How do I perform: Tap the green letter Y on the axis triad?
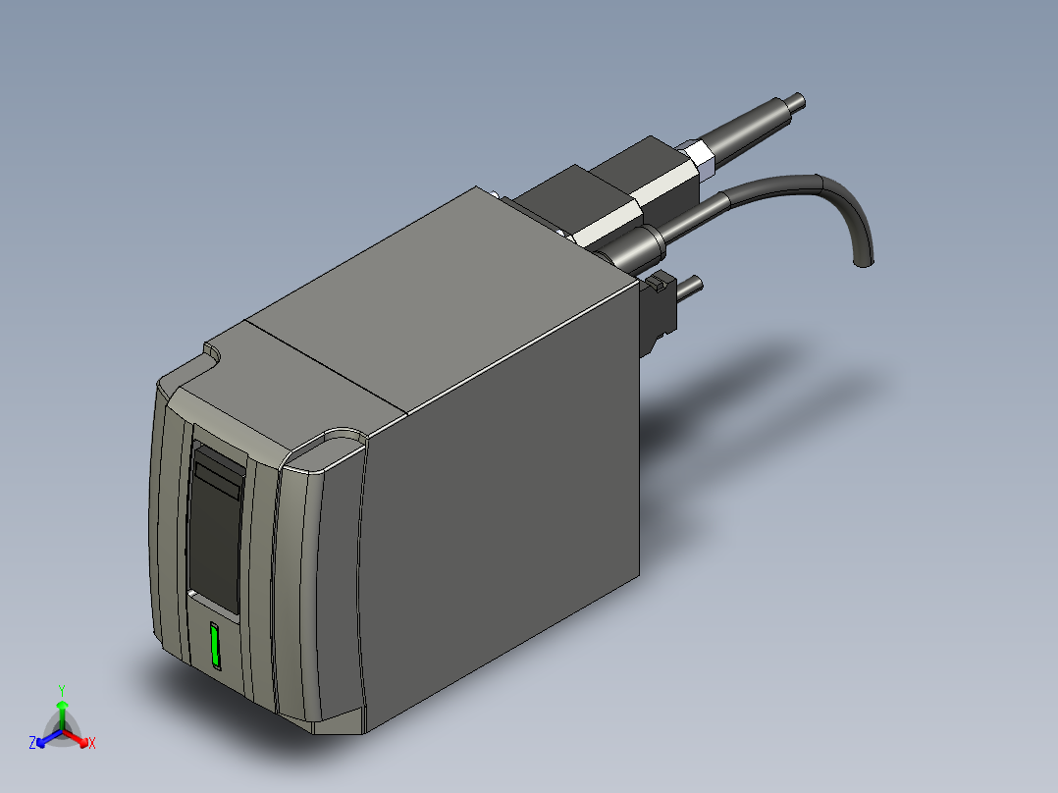pyautogui.click(x=62, y=690)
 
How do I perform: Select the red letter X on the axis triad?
pyautogui.click(x=91, y=744)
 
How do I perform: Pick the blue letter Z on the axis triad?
pyautogui.click(x=32, y=744)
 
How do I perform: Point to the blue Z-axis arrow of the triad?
pyautogui.click(x=47, y=737)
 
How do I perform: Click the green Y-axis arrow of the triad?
pyautogui.click(x=62, y=712)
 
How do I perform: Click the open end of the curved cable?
pyautogui.click(x=864, y=262)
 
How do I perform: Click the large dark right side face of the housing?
pyautogui.click(x=501, y=510)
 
